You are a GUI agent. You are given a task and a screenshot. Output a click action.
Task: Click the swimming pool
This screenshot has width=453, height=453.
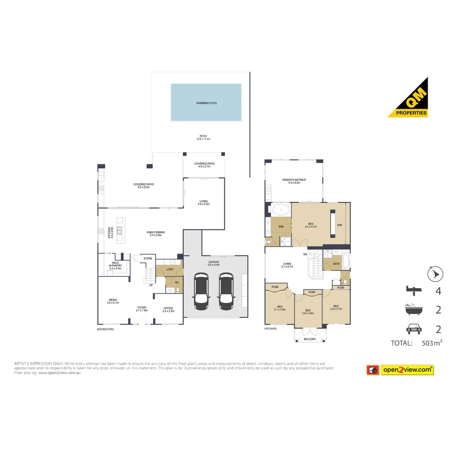(206, 102)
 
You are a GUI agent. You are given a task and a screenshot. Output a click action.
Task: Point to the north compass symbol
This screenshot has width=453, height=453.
(435, 274)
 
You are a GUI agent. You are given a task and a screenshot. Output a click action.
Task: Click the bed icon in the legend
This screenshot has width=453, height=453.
(414, 290)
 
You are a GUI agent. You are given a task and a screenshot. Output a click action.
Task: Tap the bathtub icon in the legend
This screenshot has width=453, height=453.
(414, 310)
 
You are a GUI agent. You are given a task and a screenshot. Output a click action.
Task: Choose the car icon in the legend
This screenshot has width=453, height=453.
(414, 329)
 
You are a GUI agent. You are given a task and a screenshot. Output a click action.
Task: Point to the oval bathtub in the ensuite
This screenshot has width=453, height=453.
(279, 210)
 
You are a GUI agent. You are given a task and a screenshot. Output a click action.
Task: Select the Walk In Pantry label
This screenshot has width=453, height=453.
(115, 266)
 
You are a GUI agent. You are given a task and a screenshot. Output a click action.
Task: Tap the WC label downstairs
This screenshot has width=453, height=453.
(177, 282)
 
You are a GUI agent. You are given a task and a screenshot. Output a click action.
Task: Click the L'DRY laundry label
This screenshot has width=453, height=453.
(170, 269)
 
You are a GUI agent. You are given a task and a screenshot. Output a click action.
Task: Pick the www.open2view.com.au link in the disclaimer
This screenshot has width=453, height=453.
(59, 372)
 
